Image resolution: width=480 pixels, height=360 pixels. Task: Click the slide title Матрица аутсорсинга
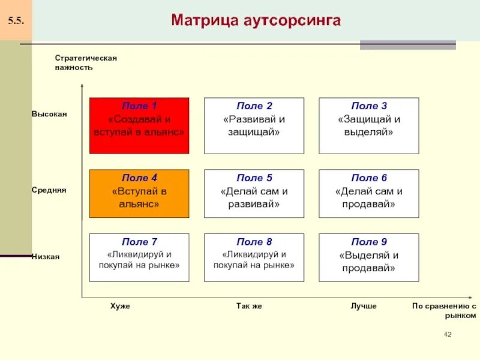[x=256, y=21]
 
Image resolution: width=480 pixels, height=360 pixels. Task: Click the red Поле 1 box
[x=139, y=125]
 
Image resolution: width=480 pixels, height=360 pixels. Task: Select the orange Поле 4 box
[x=139, y=193]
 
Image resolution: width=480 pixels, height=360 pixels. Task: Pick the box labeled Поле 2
[x=254, y=125]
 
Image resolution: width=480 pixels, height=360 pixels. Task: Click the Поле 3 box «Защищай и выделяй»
[x=368, y=125]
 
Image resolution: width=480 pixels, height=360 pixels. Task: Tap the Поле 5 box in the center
[x=254, y=193]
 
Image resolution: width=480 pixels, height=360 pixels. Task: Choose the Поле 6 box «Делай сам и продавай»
[x=368, y=193]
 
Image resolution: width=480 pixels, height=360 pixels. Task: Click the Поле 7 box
[x=139, y=257]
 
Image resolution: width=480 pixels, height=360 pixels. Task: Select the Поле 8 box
[x=254, y=257]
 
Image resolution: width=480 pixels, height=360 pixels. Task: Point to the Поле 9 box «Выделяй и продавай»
[x=368, y=257]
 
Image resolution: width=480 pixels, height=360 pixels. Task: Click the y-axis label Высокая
[x=49, y=114]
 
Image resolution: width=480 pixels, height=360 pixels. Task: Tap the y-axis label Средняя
[x=49, y=190]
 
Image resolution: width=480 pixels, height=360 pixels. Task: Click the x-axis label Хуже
[x=120, y=306]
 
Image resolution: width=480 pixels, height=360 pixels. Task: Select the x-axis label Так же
[x=249, y=306]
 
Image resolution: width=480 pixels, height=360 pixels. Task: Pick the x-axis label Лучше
[x=364, y=306]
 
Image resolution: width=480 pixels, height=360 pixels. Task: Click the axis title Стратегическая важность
[x=85, y=62]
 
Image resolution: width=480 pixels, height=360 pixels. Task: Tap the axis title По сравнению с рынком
[x=444, y=310]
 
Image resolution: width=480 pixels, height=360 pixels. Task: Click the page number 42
[x=447, y=334]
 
